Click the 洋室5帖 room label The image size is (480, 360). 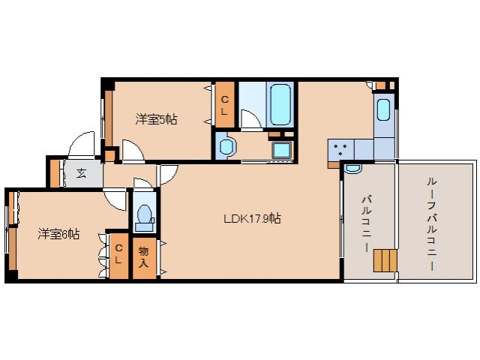[156, 118]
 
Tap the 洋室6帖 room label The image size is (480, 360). [58, 233]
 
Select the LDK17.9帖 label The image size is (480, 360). [252, 219]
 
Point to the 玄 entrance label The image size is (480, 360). [81, 174]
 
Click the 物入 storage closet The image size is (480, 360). [143, 258]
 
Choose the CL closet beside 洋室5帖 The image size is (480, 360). [224, 104]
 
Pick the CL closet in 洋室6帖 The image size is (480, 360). [118, 255]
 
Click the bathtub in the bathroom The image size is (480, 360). [280, 105]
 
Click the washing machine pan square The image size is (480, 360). [283, 148]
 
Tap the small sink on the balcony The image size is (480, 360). [353, 169]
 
